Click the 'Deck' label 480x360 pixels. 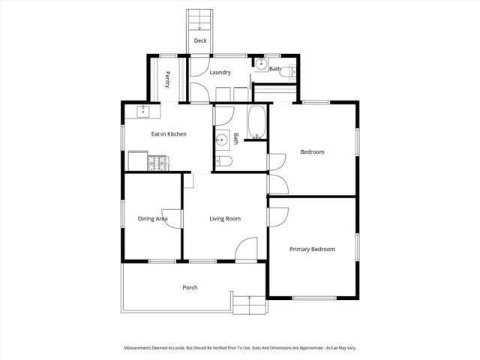pos(200,41)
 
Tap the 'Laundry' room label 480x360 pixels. pos(220,73)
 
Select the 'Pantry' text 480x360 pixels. pos(168,79)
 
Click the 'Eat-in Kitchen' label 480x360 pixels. pos(169,134)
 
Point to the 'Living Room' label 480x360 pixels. pos(224,219)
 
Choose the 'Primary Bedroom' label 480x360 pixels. pos(312,249)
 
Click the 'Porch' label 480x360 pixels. pos(190,287)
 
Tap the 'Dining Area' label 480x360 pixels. pos(152,219)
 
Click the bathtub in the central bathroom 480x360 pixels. pos(256,123)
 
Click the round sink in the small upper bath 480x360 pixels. pos(259,64)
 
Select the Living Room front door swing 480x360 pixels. pos(247,250)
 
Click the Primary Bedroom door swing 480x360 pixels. pos(279,215)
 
